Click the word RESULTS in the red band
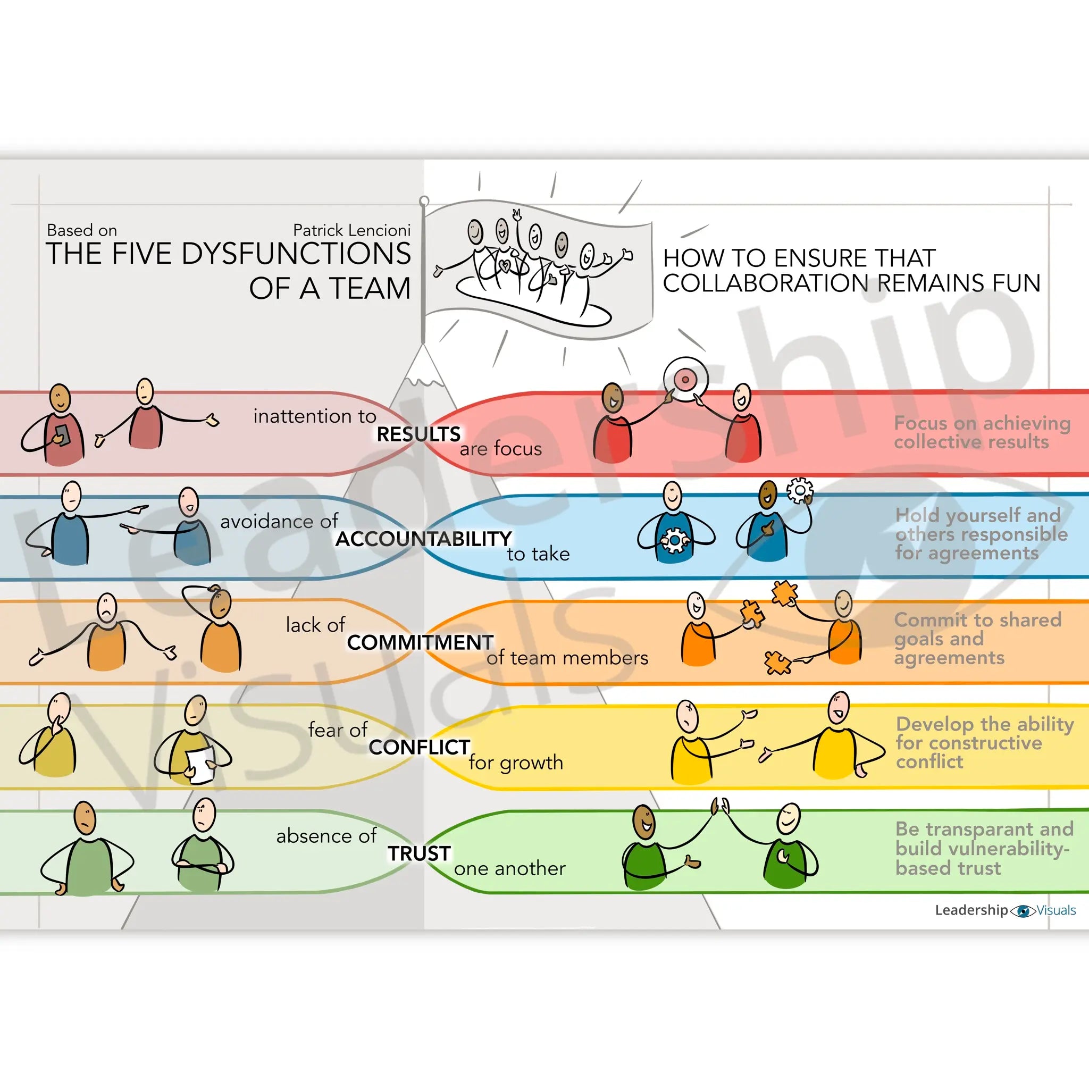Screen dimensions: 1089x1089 click(x=418, y=434)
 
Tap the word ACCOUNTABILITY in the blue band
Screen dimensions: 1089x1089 click(x=423, y=539)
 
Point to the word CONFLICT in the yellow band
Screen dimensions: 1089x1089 click(x=420, y=747)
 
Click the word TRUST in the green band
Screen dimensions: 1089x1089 click(x=419, y=853)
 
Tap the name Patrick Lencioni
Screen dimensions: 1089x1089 click(x=351, y=231)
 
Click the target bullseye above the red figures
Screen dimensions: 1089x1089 click(x=685, y=379)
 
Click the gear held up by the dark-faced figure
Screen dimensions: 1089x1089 click(x=799, y=490)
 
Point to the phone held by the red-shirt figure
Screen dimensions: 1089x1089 click(x=62, y=434)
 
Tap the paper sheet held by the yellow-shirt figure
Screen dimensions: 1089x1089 click(x=200, y=764)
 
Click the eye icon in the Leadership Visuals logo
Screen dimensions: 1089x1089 click(x=1023, y=911)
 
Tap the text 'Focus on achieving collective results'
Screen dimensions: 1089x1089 click(x=982, y=432)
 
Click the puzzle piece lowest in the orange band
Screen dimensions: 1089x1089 click(x=777, y=663)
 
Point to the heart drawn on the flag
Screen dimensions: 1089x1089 click(x=506, y=264)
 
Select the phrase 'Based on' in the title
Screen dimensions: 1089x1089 click(x=82, y=231)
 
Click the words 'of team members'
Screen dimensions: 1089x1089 click(x=567, y=658)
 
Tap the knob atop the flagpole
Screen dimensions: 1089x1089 click(x=424, y=201)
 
